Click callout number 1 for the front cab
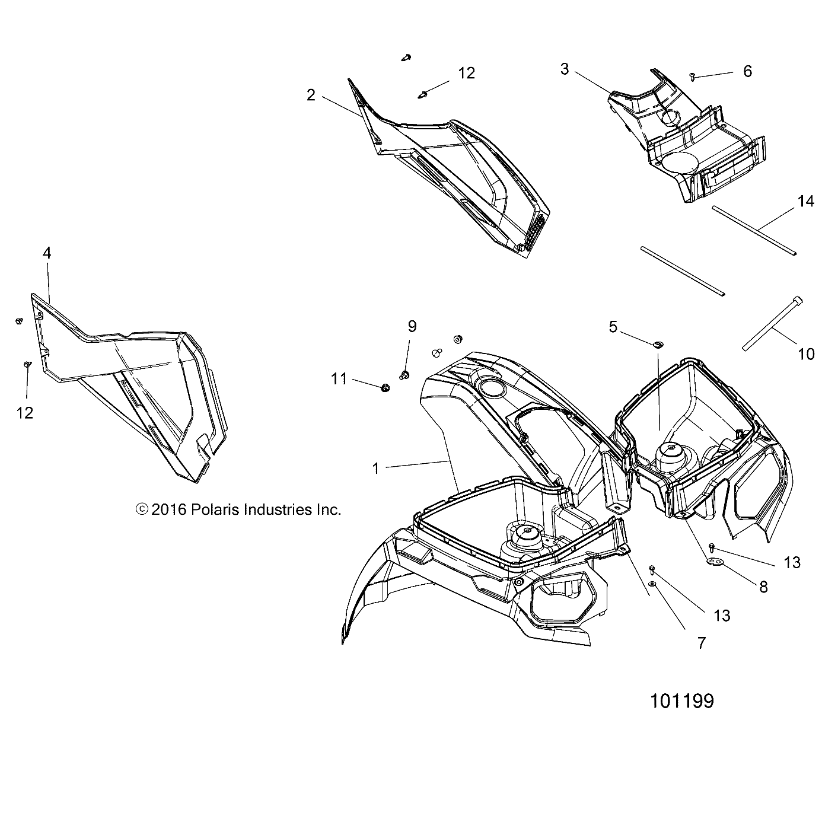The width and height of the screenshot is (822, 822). [375, 469]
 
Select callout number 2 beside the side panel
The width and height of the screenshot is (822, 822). [311, 95]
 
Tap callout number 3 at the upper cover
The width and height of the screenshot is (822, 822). [565, 69]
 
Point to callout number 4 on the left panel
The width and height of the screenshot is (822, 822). [47, 253]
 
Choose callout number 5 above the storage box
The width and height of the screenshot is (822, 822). [613, 326]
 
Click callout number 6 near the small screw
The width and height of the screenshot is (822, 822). [747, 71]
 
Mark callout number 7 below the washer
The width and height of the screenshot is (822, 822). [702, 642]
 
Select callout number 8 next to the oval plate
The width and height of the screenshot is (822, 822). [763, 587]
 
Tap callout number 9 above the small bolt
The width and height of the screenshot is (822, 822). [412, 326]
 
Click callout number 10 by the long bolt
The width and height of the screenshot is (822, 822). [806, 354]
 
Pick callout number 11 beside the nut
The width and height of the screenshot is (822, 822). [339, 378]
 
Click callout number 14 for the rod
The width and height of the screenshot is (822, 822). [805, 202]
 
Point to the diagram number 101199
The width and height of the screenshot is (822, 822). [681, 701]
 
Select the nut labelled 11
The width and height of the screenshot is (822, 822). [385, 388]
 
